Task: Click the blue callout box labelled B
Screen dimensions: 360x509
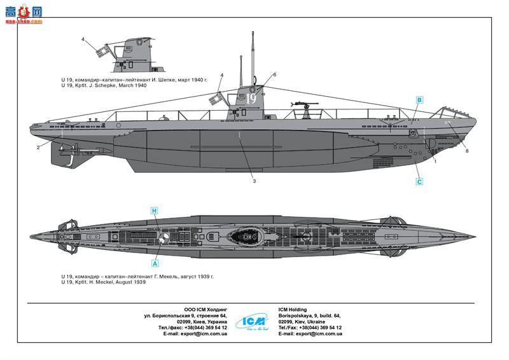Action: (419, 100)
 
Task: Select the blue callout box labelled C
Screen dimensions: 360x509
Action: (419, 182)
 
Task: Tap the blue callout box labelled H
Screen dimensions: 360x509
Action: (154, 210)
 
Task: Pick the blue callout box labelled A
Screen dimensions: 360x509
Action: (154, 261)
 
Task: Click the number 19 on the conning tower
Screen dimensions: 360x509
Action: (251, 99)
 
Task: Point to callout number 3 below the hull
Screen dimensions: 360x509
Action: (253, 181)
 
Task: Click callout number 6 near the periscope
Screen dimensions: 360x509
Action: (274, 75)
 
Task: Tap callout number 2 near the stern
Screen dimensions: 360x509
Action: (38, 148)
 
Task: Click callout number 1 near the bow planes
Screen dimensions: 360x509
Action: (435, 161)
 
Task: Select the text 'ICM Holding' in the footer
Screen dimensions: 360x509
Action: (292, 310)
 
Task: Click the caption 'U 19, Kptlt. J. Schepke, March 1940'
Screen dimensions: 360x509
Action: (104, 85)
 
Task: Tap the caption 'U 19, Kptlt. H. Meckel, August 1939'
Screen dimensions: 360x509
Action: (104, 282)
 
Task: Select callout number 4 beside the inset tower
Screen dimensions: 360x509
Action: (83, 39)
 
